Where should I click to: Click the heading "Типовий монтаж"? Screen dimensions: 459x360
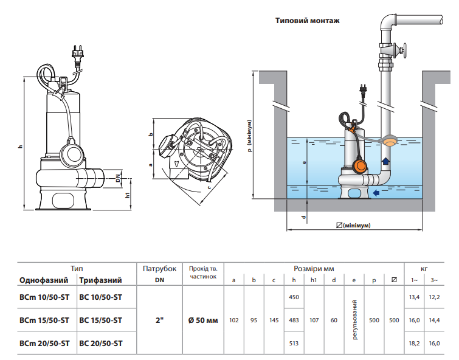308,21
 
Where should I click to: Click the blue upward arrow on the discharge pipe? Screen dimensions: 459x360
385,161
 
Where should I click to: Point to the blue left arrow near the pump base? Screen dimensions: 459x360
376,192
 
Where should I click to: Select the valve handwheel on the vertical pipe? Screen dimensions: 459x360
404,50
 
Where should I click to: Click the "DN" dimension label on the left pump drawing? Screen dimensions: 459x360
118,178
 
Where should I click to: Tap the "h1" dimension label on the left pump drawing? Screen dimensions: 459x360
127,195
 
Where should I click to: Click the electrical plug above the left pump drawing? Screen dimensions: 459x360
77,54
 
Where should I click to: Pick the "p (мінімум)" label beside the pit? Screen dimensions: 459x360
249,136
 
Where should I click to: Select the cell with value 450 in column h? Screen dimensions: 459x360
294,297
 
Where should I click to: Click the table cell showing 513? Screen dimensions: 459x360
294,344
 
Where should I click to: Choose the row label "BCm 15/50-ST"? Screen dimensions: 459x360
44,320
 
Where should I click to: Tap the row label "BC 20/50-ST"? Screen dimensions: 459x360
101,344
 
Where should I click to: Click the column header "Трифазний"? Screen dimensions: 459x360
100,280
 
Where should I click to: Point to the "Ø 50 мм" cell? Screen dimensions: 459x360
203,320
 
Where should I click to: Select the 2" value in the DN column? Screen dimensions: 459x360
159,320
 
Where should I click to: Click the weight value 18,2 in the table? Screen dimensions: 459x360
414,344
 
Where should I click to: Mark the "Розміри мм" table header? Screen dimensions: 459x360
314,269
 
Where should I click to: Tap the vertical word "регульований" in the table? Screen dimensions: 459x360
355,320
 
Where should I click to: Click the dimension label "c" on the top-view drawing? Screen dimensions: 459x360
209,187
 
